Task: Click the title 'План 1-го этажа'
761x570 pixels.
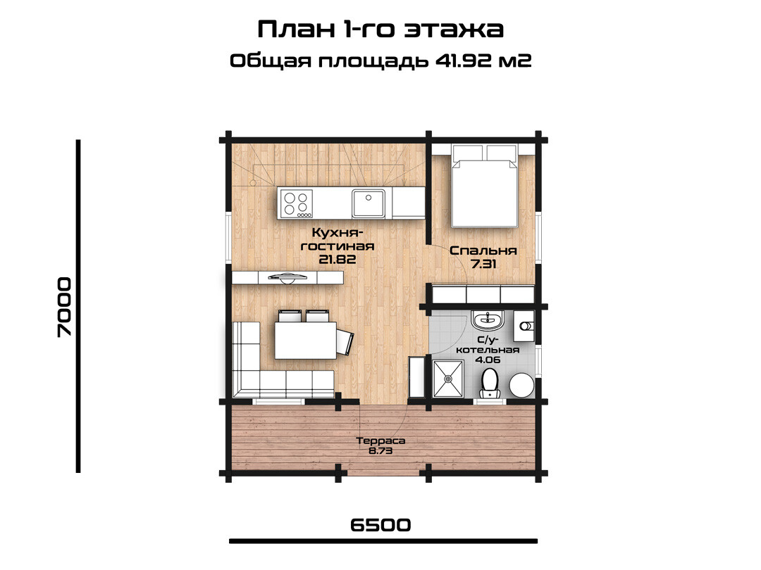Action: pyautogui.click(x=380, y=29)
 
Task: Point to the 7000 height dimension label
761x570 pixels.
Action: pyautogui.click(x=64, y=307)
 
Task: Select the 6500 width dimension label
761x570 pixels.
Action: pyautogui.click(x=380, y=525)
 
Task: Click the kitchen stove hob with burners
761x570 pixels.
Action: pyautogui.click(x=295, y=203)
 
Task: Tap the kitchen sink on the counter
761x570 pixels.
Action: pyautogui.click(x=369, y=203)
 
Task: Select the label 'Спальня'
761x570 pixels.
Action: pyautogui.click(x=483, y=251)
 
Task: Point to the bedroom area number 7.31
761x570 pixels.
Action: pyautogui.click(x=483, y=264)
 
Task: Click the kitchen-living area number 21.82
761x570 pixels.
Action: pyautogui.click(x=338, y=259)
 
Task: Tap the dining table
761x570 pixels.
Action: pyautogui.click(x=306, y=341)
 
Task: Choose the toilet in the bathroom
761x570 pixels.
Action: pyautogui.click(x=489, y=384)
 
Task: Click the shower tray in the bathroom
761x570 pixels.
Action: pyautogui.click(x=447, y=379)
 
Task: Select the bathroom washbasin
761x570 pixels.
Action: pyautogui.click(x=488, y=320)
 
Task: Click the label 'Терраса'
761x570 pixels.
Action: pyautogui.click(x=380, y=441)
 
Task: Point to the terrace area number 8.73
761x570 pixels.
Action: pyautogui.click(x=380, y=451)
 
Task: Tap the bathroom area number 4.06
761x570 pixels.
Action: pyautogui.click(x=488, y=360)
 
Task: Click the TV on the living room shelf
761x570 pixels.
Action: pyautogui.click(x=288, y=277)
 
